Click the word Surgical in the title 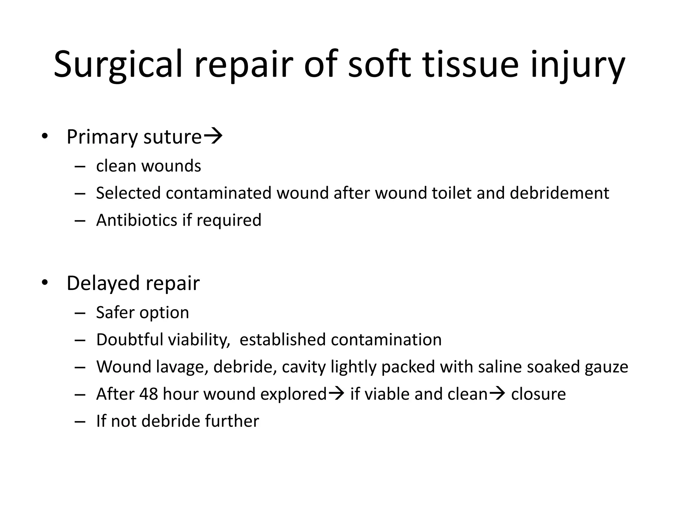[x=118, y=65]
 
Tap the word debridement [x=559, y=193]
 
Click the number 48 [x=149, y=394]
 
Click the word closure [x=538, y=394]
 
